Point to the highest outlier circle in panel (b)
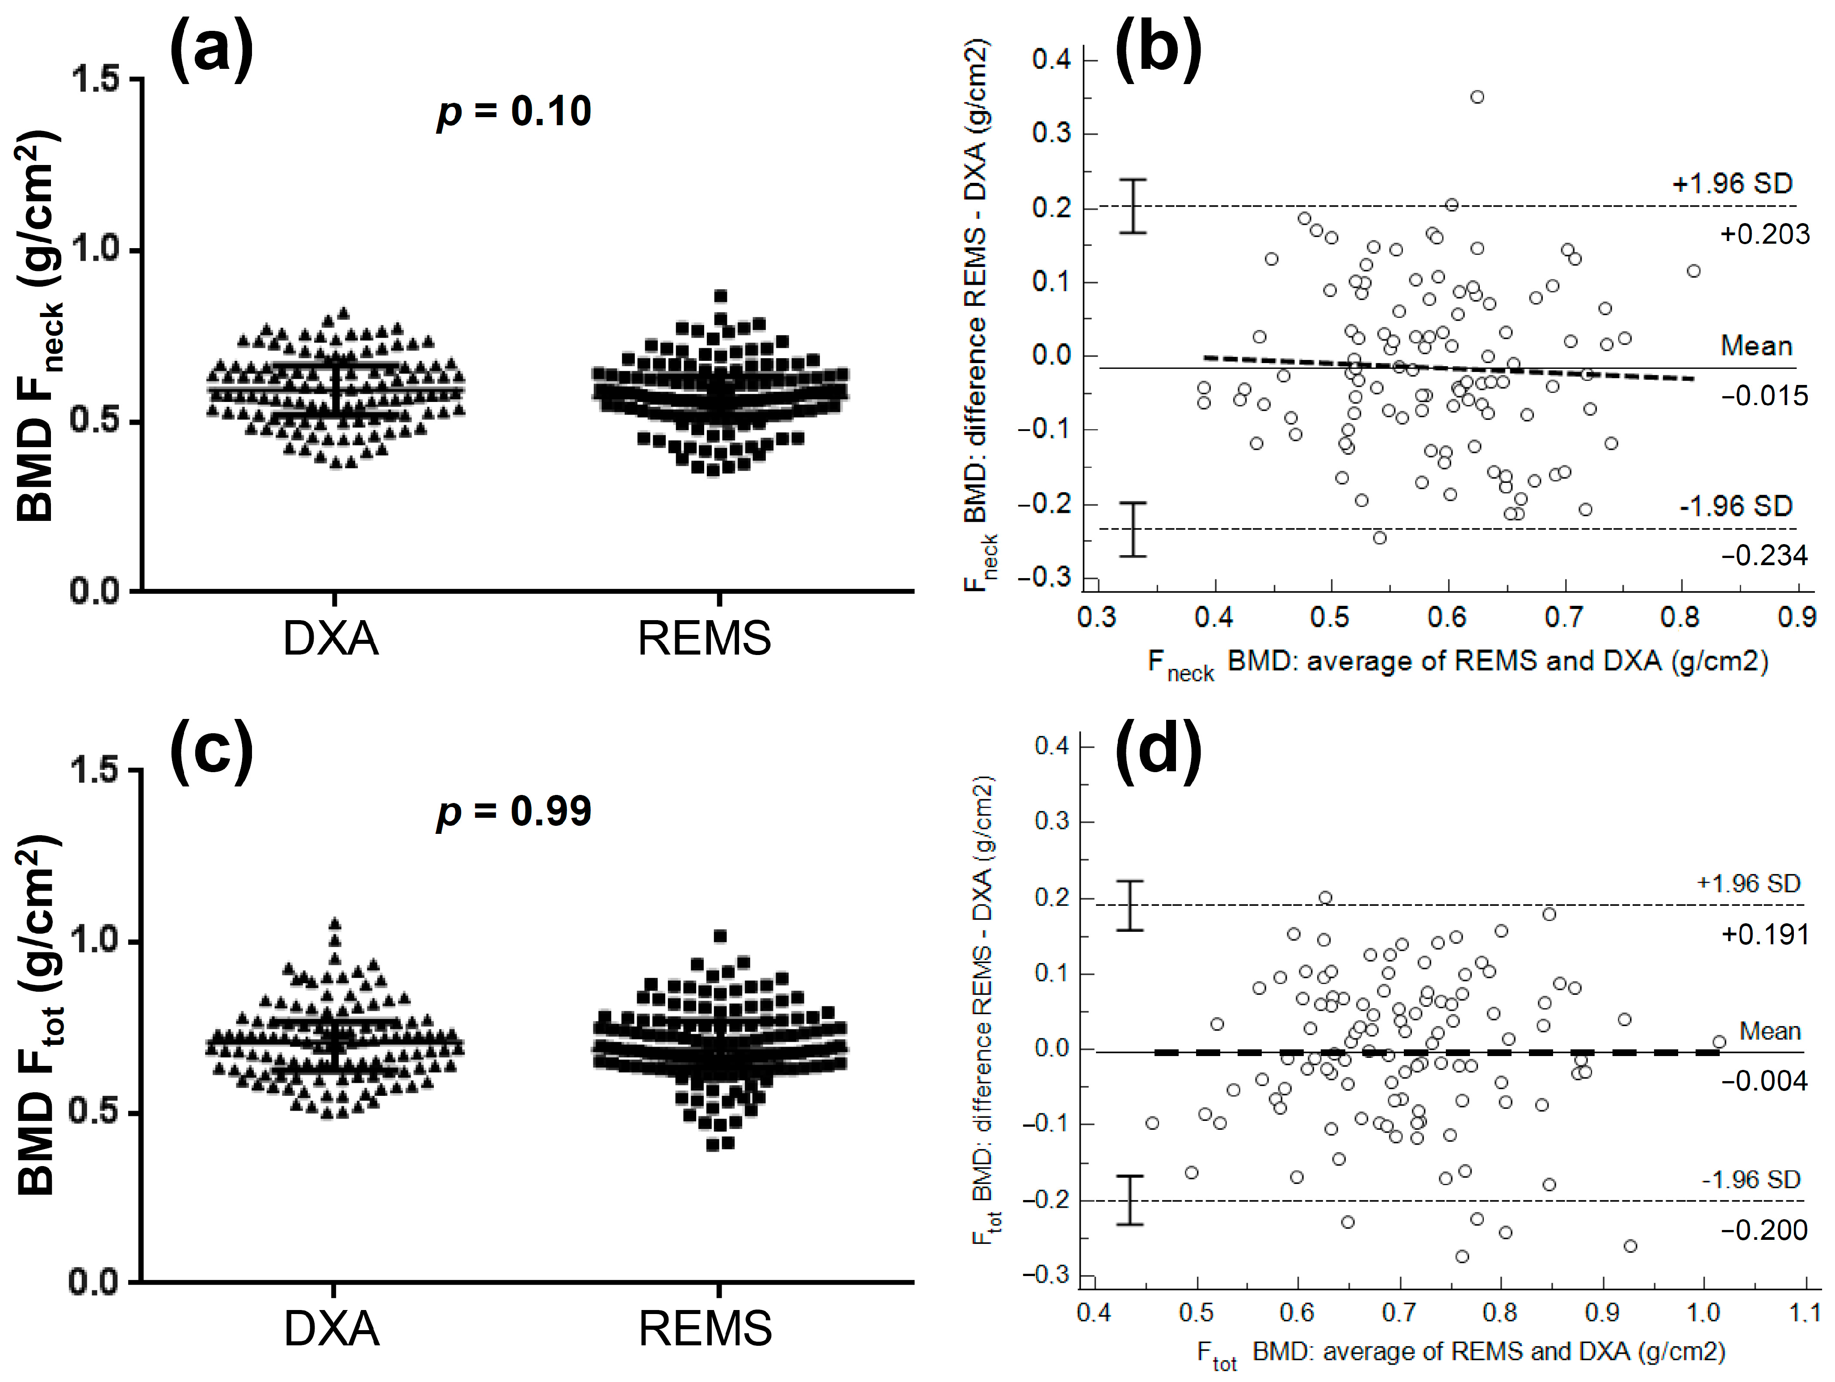coord(1477,97)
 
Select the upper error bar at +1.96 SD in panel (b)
coord(1132,206)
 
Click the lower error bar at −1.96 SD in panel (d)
coord(1130,1200)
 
